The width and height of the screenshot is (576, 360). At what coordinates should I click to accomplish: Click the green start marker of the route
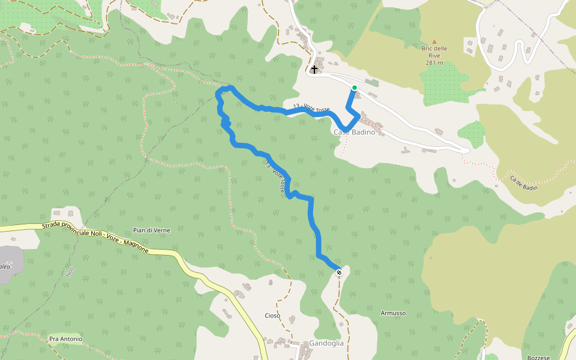coord(355,88)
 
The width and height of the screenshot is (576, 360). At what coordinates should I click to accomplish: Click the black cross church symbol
coord(314,70)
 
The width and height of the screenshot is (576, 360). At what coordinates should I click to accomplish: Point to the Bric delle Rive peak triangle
coord(434,41)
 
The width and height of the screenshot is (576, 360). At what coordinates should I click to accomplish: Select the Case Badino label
coord(354,132)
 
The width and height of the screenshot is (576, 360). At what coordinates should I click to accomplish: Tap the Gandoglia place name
coord(326,343)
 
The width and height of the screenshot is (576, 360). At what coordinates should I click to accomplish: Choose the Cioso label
coord(272,316)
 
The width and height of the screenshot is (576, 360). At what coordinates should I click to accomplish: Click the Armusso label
coord(393,313)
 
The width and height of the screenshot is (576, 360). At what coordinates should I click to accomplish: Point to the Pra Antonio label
coord(65,339)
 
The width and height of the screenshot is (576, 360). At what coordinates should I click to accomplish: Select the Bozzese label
coord(538,358)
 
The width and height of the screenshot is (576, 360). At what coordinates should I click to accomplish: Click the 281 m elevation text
coord(434,62)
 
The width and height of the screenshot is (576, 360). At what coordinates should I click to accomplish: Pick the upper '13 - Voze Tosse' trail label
coord(311,108)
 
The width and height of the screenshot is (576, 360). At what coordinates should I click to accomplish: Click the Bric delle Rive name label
coord(434,52)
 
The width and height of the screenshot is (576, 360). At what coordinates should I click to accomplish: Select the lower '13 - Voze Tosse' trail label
coord(275,177)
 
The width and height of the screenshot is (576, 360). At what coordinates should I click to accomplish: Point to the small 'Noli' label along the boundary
coord(70,271)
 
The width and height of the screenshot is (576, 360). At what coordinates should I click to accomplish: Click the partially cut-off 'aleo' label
coord(5,266)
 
